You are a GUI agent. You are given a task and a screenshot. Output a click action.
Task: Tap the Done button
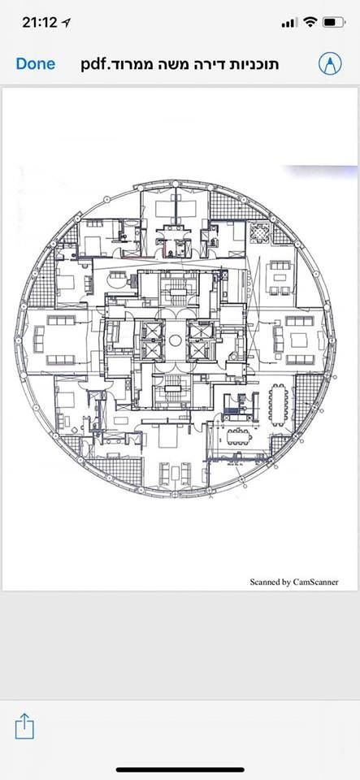(x=35, y=63)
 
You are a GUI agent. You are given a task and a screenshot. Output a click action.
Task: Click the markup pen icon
(x=330, y=63)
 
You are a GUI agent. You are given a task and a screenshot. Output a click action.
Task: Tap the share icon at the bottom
(x=24, y=726)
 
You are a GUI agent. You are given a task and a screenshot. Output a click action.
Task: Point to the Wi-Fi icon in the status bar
(x=310, y=22)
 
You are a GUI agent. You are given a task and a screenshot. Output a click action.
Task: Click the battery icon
(x=333, y=22)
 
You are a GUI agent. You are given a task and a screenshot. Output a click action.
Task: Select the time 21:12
(x=40, y=23)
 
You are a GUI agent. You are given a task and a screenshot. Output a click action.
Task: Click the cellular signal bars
(x=289, y=23)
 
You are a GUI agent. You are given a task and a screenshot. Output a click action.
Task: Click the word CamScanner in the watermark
(x=315, y=582)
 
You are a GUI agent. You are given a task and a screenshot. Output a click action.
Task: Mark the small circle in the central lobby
(x=175, y=340)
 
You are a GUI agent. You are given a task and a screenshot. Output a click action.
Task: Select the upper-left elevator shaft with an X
(x=152, y=330)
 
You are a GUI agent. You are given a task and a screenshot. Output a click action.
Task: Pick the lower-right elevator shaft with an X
(x=200, y=349)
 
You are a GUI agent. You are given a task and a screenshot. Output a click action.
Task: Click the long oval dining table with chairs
(x=278, y=405)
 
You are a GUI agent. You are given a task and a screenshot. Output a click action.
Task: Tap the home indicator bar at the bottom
(x=180, y=769)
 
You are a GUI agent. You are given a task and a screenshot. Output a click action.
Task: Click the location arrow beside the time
(x=66, y=23)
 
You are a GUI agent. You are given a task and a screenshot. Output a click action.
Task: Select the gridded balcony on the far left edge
(x=40, y=279)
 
